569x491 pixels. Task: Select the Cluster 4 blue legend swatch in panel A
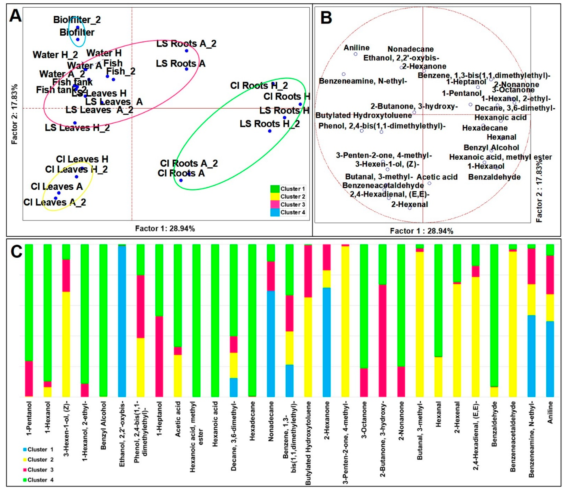(275, 212)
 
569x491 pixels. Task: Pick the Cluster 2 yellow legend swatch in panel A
(275, 196)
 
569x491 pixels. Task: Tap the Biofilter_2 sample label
(77, 20)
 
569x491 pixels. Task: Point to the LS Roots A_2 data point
(186, 51)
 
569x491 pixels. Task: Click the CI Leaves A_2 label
(55, 203)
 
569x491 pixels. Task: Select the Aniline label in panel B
(356, 48)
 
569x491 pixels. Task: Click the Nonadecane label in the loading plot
(411, 49)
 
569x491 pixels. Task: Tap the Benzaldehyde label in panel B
(494, 177)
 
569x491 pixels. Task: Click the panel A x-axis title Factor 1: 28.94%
(165, 229)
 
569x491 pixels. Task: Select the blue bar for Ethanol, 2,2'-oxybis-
(122, 321)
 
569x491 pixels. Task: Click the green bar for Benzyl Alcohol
(103, 320)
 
